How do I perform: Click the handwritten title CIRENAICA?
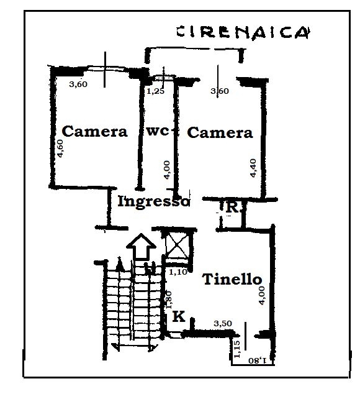[243, 32]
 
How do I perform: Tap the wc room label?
[158, 131]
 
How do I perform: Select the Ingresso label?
[153, 201]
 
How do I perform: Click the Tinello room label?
[232, 279]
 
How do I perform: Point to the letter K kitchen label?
[179, 316]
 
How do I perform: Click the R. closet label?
[233, 208]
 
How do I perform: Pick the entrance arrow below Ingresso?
[141, 246]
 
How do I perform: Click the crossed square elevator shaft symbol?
[178, 245]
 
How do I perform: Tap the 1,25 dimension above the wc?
[155, 91]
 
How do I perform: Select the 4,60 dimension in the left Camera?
[60, 149]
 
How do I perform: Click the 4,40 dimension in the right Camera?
[253, 168]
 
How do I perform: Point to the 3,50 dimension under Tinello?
[223, 323]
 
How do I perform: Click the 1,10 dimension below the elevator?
[178, 272]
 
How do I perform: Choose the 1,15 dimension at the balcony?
[237, 349]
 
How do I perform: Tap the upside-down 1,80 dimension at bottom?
[257, 360]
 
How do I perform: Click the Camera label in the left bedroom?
[94, 131]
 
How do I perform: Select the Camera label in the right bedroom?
[220, 132]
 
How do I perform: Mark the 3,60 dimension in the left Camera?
[78, 84]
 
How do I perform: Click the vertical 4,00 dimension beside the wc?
[167, 170]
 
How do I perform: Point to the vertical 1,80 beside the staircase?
[169, 300]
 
